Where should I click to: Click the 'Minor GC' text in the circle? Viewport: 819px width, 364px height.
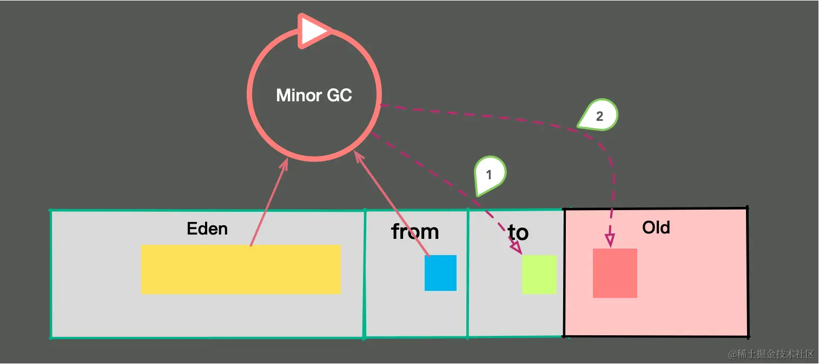tap(314, 95)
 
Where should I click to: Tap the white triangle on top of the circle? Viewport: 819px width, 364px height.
tap(313, 31)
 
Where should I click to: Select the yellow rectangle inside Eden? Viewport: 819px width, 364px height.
tap(241, 269)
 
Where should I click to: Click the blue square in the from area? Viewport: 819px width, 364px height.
tap(440, 273)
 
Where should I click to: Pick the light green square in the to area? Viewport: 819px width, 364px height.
tap(539, 274)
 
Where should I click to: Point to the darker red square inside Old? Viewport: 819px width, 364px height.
tap(615, 273)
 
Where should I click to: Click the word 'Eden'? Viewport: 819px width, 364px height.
tap(207, 229)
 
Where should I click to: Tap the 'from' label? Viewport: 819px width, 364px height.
tap(415, 231)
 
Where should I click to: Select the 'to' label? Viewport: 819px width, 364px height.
tap(518, 232)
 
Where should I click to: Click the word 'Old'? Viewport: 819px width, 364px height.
tap(656, 227)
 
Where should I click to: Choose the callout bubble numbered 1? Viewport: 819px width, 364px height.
tap(489, 175)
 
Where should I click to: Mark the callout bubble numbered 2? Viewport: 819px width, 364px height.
tap(598, 115)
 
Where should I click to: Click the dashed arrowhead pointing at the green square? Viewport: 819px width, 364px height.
tap(516, 246)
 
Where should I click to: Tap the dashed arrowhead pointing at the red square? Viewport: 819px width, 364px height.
tap(610, 240)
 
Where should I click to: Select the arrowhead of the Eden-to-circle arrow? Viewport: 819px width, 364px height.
tap(284, 165)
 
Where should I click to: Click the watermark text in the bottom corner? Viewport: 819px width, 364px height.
tap(771, 354)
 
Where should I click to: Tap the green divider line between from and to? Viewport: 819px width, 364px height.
tap(467, 273)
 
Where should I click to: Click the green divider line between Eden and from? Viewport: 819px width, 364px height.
tap(365, 274)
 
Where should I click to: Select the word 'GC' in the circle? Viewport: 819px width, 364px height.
tap(339, 95)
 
